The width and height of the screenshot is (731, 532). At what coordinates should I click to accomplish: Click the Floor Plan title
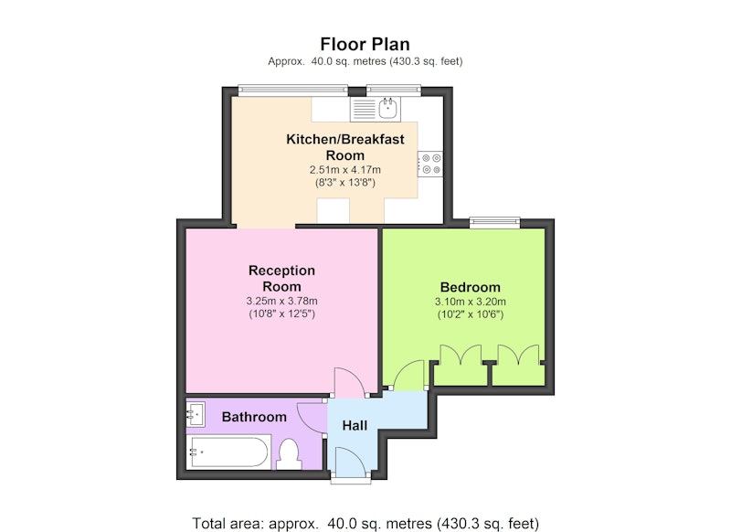[x=365, y=44]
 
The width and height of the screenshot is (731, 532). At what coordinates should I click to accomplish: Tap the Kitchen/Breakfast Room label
[x=345, y=147]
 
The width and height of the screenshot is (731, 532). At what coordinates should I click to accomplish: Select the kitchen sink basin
[x=387, y=109]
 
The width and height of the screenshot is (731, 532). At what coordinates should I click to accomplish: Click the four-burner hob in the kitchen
[x=430, y=164]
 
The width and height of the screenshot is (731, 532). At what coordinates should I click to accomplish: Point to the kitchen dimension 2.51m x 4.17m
[x=345, y=170]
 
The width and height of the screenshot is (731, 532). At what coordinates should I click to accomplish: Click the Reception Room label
[x=281, y=279]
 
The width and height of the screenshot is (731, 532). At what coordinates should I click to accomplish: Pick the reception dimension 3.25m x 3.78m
[x=281, y=302]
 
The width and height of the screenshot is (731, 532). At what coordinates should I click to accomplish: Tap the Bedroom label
[x=470, y=287]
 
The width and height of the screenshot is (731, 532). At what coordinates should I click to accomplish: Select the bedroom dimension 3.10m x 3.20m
[x=470, y=302]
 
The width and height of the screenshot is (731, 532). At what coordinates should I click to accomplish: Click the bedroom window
[x=494, y=222]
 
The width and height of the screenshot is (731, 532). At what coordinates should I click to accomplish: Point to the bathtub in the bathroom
[x=228, y=452]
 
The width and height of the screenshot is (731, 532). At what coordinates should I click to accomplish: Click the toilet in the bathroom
[x=289, y=454]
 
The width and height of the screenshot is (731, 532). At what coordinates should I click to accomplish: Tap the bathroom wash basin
[x=196, y=413]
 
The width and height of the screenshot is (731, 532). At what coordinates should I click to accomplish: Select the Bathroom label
[x=254, y=417]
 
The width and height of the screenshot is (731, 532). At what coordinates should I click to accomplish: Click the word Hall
[x=355, y=425]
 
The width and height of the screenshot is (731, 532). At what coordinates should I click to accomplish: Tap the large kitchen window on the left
[x=292, y=90]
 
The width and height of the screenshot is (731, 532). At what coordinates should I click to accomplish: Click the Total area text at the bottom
[x=365, y=523]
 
